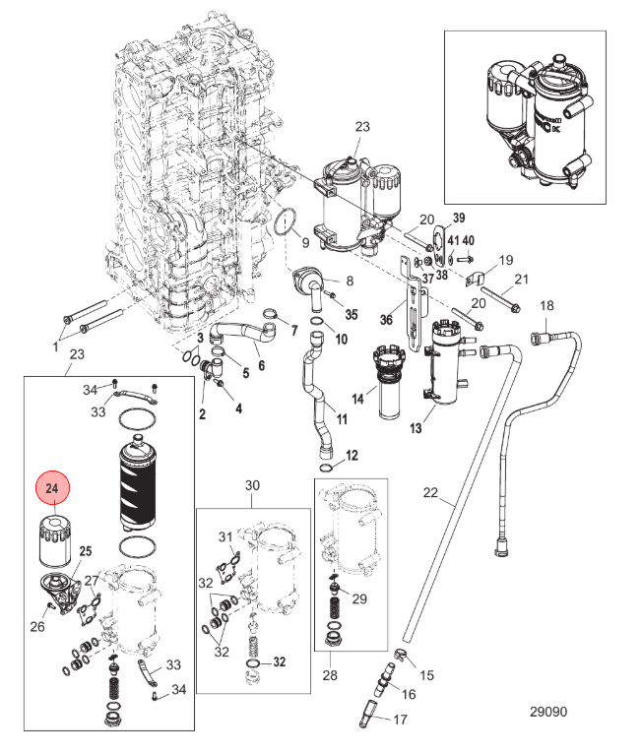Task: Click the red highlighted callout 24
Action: coord(53,487)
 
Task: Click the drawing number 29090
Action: coord(548,712)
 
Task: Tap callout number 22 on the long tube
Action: coord(430,492)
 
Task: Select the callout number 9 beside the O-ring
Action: coord(305,242)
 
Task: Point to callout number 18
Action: coord(546,305)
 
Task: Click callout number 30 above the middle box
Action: coord(252,485)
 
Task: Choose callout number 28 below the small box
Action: coord(330,675)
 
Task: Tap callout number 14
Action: coord(357,399)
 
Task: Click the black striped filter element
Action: coord(137,482)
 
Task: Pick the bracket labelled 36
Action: coord(414,304)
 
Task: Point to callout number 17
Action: coord(400,720)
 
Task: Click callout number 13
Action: coord(416,428)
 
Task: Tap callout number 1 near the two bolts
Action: coord(55,346)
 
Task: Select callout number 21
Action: coord(521,279)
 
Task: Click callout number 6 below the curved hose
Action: coord(261,365)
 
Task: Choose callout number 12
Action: coord(352,455)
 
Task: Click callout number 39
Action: coord(459,218)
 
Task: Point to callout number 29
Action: coord(359,598)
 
